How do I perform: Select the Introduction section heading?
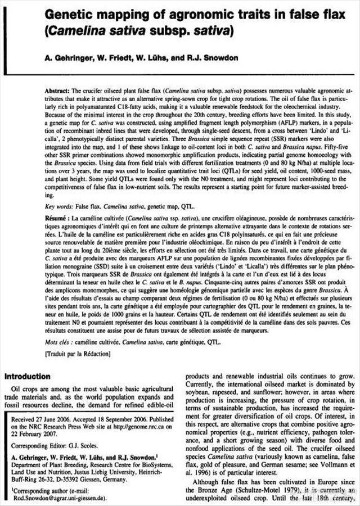click(x=30, y=376)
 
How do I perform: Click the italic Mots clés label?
click(x=58, y=341)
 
